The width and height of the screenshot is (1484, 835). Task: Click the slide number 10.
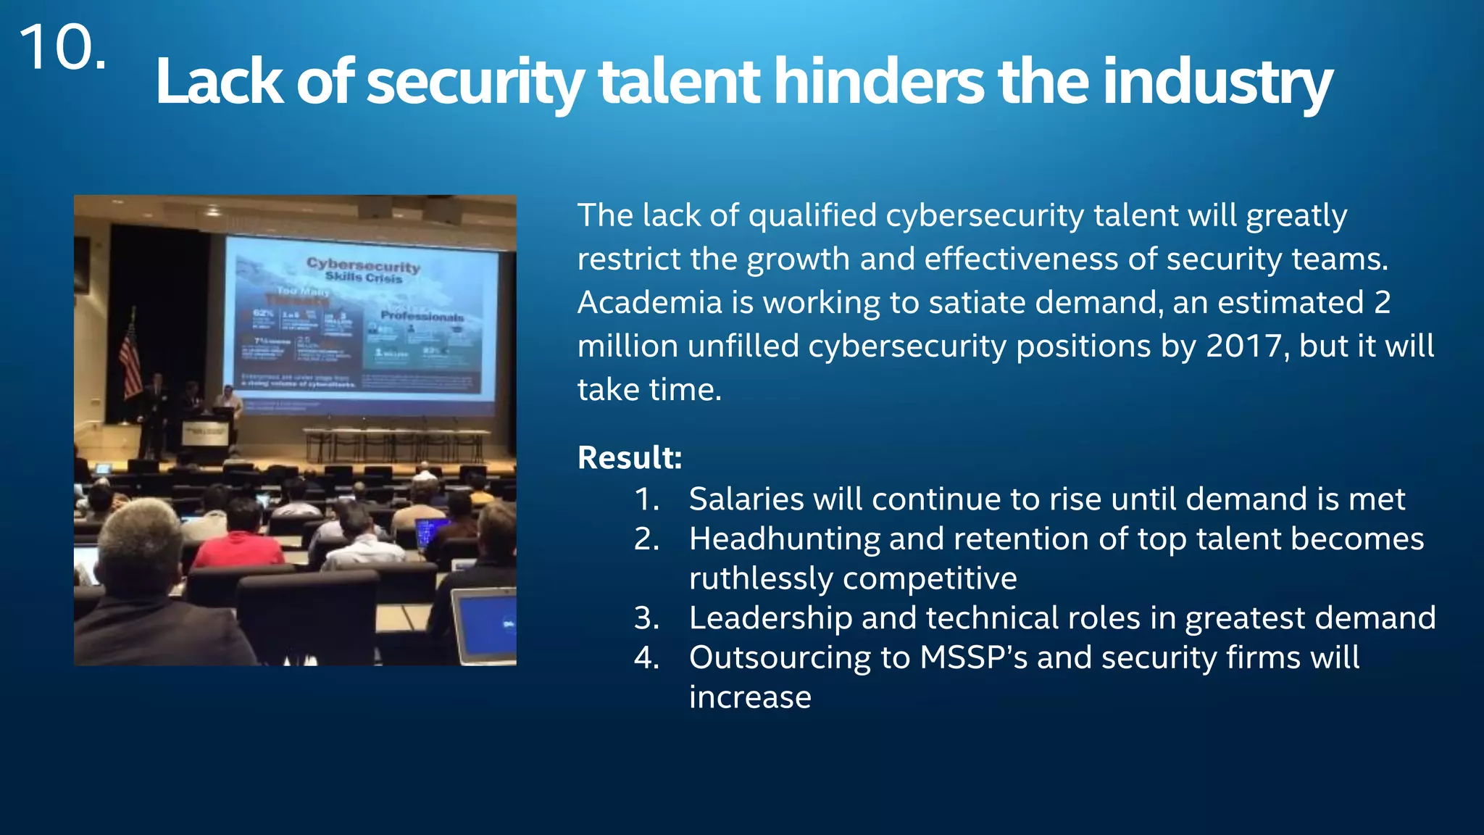62,48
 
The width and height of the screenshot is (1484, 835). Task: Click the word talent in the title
679,82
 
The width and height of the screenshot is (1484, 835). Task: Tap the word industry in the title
1217,82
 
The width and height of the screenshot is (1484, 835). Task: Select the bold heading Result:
630,457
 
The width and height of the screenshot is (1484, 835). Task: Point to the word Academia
649,302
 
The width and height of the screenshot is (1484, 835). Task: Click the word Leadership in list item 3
770,618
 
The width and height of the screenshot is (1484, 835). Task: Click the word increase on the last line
749,697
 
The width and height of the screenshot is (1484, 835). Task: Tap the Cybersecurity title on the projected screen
363,266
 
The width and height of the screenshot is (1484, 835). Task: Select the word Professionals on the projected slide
422,316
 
